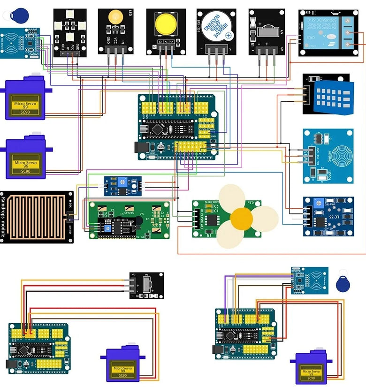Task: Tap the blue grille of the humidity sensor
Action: (334, 96)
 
